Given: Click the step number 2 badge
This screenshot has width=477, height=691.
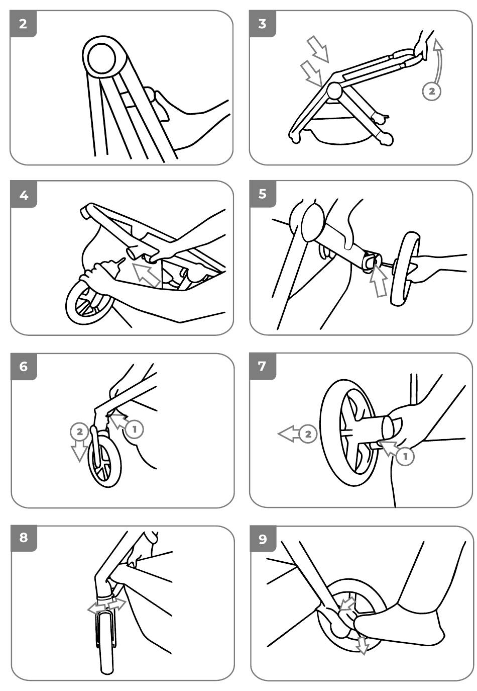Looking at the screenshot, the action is click(x=24, y=24).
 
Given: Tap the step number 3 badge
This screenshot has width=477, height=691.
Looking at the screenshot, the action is click(x=263, y=24).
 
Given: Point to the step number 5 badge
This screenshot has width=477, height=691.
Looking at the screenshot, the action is click(x=263, y=194).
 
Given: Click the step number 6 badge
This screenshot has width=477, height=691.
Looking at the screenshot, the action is click(x=24, y=367).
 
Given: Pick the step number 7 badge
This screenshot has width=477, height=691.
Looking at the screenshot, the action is click(x=262, y=366).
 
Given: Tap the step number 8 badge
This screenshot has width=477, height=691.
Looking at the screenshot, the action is click(x=24, y=538).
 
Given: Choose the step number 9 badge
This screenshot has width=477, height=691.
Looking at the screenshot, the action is click(x=263, y=539).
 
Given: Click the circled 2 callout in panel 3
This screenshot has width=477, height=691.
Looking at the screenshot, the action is click(x=431, y=91).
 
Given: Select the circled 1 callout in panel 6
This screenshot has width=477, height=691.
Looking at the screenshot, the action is click(x=135, y=429).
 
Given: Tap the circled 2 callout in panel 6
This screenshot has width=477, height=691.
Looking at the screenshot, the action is click(x=79, y=431).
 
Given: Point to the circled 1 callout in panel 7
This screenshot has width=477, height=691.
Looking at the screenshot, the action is click(x=406, y=456).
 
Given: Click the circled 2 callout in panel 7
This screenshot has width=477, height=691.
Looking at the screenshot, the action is click(x=308, y=434).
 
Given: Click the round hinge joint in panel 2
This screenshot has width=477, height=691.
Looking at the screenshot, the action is click(x=103, y=58).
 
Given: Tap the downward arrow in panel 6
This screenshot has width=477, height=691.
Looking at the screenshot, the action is click(x=79, y=450).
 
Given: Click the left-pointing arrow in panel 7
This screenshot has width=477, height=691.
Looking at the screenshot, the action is click(x=289, y=434).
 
